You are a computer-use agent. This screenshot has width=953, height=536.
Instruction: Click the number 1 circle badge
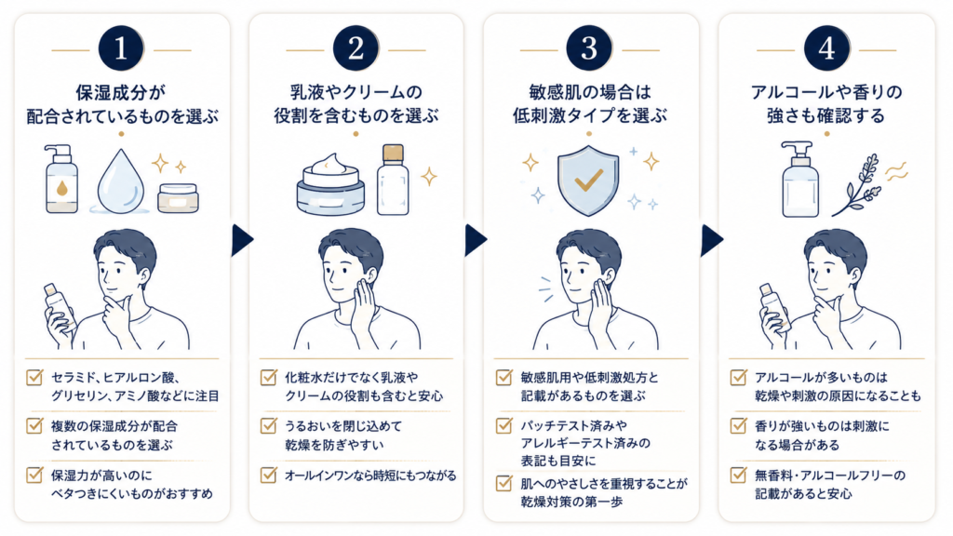point(121,48)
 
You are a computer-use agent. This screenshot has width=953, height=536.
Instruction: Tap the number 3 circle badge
point(589,48)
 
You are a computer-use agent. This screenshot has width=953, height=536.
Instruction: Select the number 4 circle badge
point(826,48)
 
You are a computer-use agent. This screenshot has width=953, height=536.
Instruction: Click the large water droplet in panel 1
point(120,181)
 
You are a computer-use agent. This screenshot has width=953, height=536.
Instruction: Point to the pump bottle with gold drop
point(61,179)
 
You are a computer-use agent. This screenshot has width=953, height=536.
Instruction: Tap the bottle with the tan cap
point(393,180)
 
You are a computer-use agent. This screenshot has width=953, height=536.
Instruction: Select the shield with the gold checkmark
point(588,180)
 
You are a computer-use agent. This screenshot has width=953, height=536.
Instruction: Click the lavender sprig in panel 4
point(857,185)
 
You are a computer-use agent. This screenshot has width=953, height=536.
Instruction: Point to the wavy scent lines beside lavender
point(897,171)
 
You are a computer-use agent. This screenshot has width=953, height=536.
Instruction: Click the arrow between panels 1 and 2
point(242,241)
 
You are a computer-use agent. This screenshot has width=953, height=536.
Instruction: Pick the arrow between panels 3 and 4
point(712,241)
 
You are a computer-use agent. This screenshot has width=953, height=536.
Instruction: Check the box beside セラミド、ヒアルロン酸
point(34,378)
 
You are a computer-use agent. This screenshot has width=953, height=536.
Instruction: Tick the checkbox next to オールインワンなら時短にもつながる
point(269,475)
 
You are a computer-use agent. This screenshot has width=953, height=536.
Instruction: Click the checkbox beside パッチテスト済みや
point(503,424)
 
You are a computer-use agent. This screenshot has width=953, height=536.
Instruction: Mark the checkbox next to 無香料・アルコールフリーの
point(738,475)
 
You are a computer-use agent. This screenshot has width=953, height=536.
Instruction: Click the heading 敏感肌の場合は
point(589,92)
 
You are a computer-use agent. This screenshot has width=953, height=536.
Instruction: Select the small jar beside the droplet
point(178,198)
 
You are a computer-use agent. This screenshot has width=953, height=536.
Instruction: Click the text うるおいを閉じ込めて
point(343,426)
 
